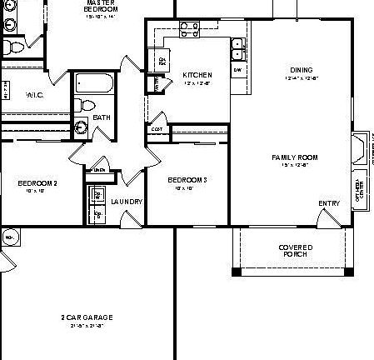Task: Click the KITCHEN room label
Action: click(x=197, y=75)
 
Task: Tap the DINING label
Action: click(x=301, y=69)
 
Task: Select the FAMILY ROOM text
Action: click(x=295, y=157)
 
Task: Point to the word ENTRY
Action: click(x=328, y=203)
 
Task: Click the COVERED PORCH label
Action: click(x=295, y=251)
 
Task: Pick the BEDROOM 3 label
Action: click(x=187, y=180)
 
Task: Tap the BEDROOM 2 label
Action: click(x=37, y=182)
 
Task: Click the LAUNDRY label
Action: click(x=127, y=202)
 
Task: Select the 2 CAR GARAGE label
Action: click(x=87, y=317)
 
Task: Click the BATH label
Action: click(x=102, y=117)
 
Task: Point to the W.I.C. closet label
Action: click(x=35, y=95)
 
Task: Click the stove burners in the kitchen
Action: click(x=189, y=30)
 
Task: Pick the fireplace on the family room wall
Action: click(x=360, y=149)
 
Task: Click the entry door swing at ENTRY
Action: click(x=324, y=217)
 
